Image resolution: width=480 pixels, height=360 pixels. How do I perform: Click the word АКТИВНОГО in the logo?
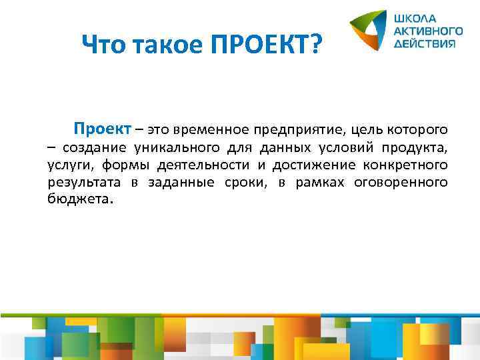(429, 30)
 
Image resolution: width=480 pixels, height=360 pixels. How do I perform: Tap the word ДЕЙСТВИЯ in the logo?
(425, 42)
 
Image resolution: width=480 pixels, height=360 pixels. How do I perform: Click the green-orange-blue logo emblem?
(369, 31)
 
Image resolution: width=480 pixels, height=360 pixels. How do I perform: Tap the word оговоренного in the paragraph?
(405, 183)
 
